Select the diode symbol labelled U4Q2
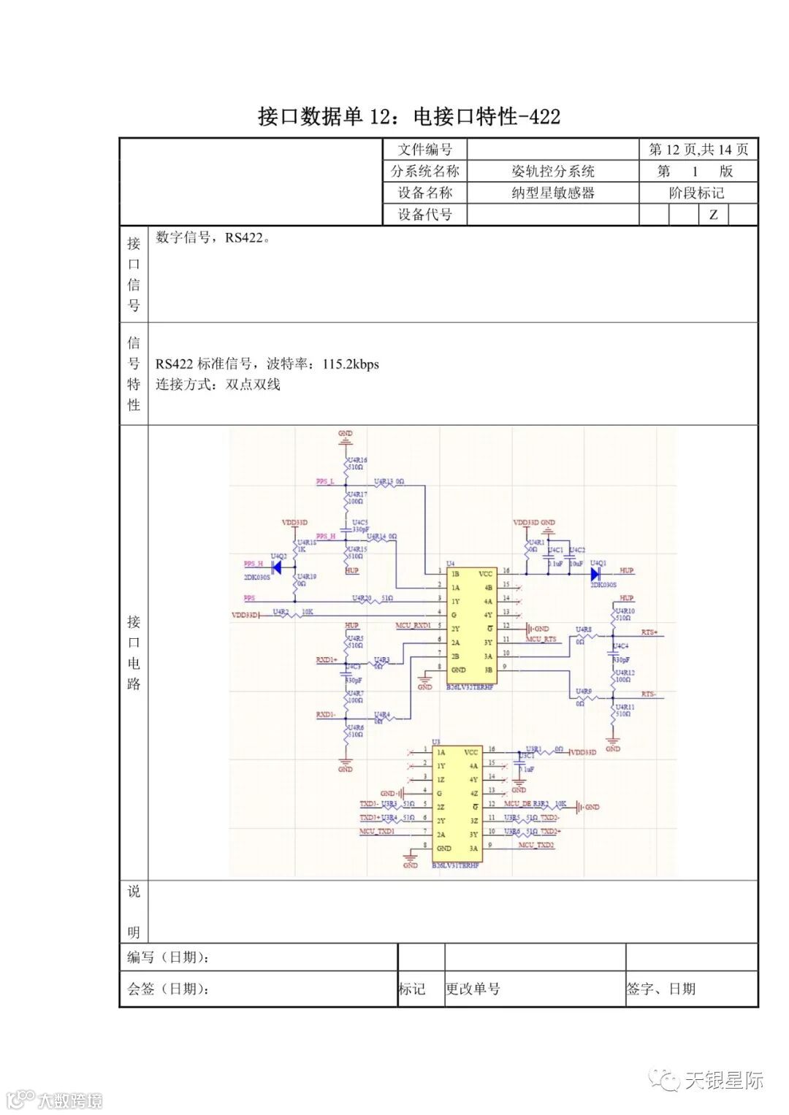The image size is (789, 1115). [x=277, y=566]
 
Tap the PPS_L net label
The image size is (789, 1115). [x=325, y=482]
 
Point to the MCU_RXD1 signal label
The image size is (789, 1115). [x=413, y=626]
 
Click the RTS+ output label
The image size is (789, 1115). [x=649, y=632]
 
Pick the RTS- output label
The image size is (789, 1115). [x=649, y=694]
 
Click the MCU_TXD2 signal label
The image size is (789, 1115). [x=536, y=845]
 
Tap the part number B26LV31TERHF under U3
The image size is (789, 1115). [x=455, y=865]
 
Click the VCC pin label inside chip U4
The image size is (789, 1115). [x=486, y=574]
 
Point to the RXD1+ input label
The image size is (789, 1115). [x=326, y=659]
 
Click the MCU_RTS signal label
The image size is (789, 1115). [x=541, y=639]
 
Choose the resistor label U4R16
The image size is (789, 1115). [x=357, y=460]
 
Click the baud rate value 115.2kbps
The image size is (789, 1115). [x=351, y=364]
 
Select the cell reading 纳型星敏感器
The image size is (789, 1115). [x=552, y=193]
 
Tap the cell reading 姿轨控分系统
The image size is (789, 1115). [x=552, y=172]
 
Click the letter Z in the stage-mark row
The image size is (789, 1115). [x=713, y=215]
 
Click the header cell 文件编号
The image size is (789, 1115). [x=424, y=150]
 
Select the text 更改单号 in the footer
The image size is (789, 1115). [x=473, y=989]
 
